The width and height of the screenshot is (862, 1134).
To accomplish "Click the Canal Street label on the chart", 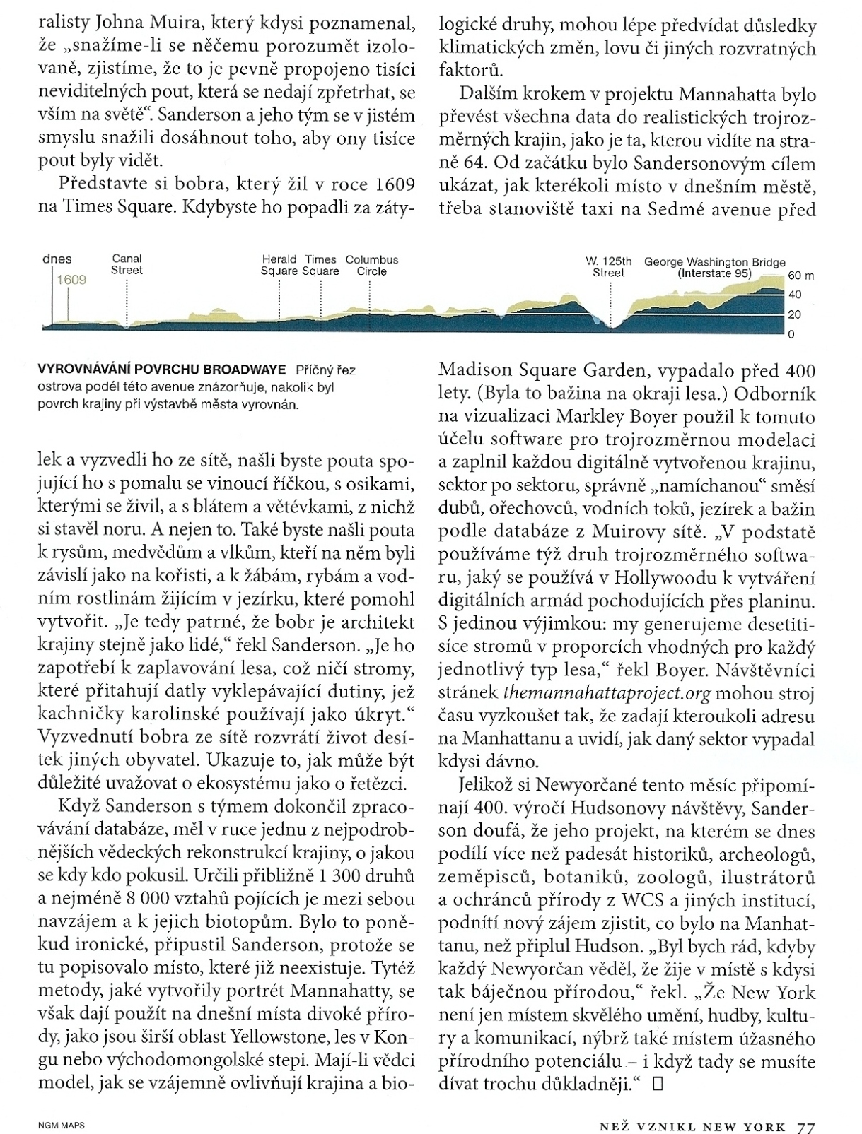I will click(127, 265).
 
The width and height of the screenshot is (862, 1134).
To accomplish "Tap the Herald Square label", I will click(279, 266).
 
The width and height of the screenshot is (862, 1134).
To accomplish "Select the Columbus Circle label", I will click(372, 266).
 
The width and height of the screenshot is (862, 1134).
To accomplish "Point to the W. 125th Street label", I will click(608, 267).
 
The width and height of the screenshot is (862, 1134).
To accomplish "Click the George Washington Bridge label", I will click(714, 267).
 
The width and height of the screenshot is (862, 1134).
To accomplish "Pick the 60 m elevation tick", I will click(800, 276).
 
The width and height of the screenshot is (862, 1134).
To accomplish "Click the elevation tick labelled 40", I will click(795, 295).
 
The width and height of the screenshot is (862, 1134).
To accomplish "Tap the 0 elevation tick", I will click(791, 334).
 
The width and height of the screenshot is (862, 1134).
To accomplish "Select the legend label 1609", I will click(72, 280).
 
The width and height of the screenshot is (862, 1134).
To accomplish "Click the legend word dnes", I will click(57, 259).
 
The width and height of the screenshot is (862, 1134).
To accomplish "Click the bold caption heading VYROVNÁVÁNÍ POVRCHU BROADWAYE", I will click(161, 370).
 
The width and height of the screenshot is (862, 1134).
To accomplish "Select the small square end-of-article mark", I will click(658, 1082).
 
